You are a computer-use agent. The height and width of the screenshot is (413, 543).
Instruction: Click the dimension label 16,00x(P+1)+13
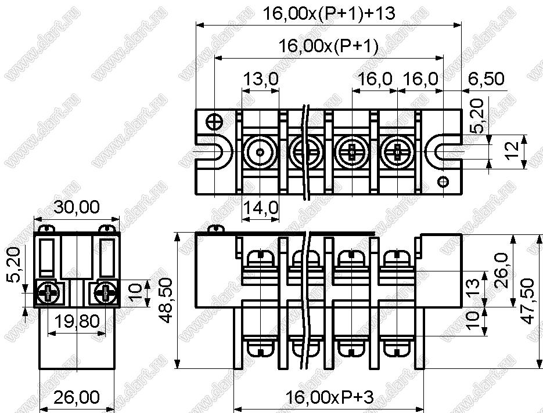click(329, 13)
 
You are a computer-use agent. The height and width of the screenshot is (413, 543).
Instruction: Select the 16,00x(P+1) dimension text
click(329, 45)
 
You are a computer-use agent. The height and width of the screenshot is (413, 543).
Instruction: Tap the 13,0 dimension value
click(260, 79)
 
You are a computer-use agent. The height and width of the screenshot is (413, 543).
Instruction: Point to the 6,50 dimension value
click(486, 79)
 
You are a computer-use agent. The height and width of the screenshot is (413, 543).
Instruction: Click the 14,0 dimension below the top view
click(260, 208)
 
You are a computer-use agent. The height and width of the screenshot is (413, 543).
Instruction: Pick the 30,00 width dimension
click(77, 207)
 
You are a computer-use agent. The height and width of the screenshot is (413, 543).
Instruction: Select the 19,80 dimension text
click(77, 321)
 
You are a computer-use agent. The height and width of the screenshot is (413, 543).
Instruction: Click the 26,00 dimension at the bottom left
click(77, 397)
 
